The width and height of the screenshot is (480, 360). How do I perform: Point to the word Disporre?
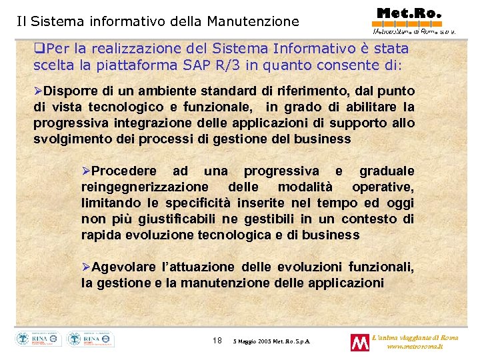point(67,91)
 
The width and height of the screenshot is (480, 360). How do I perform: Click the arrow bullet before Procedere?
point(86,171)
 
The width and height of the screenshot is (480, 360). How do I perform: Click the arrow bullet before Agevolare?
point(86,267)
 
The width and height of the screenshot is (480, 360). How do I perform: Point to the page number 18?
point(217,341)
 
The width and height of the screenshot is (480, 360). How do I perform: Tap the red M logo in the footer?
point(360,343)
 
